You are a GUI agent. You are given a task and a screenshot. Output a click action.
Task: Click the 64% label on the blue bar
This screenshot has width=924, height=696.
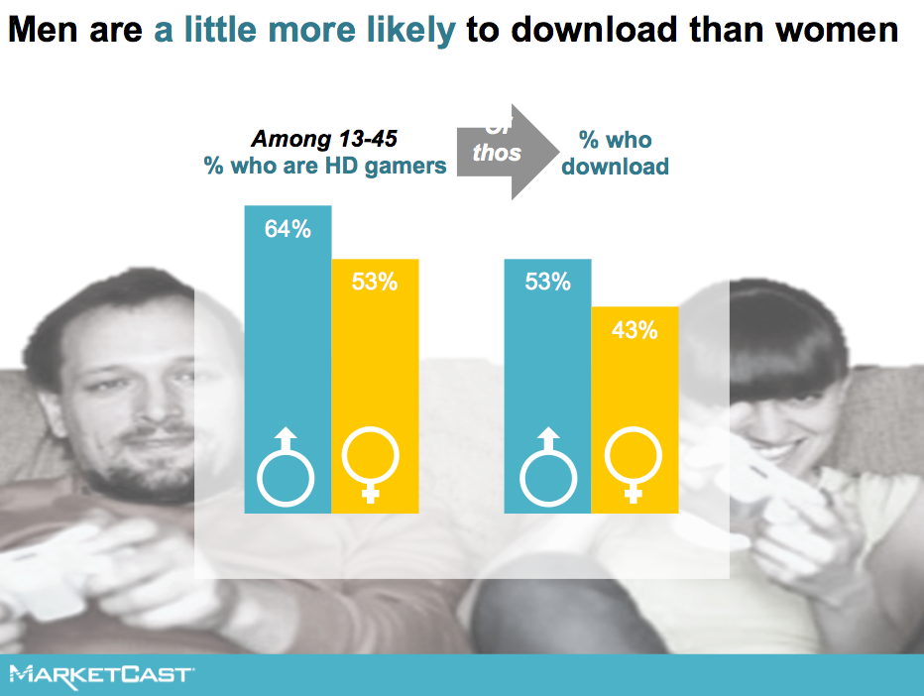(x=288, y=230)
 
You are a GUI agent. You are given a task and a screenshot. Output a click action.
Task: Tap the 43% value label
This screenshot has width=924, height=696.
(x=635, y=330)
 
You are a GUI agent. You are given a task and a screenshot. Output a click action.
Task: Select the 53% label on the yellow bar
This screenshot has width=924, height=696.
(x=375, y=282)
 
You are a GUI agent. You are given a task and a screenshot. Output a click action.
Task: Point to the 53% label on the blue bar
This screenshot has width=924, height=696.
(x=548, y=282)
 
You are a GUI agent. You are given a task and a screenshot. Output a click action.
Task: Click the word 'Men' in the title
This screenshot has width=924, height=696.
(x=42, y=31)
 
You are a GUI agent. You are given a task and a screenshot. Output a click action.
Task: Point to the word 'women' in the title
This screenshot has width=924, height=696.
(x=835, y=31)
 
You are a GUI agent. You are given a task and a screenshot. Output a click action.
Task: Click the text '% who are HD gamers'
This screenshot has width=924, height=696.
(x=325, y=166)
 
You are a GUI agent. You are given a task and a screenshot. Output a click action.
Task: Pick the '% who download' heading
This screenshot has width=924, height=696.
(x=615, y=153)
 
